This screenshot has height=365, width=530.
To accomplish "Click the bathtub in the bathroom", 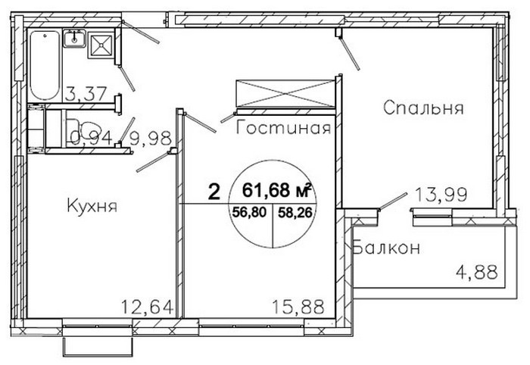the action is coord(45,65).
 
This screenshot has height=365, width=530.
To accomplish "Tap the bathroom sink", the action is coord(74,39).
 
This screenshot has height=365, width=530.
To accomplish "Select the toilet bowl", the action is coord(79,133).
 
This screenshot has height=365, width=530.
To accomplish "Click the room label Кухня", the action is coord(92,205).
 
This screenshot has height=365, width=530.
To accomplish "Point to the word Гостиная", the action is coord(283,128).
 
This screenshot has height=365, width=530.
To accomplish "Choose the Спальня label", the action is coord(423,108).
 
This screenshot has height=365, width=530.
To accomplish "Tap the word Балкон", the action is coord(386,248).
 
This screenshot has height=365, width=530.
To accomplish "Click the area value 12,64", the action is coord(147,307).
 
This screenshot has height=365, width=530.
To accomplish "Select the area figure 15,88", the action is coord(298,307).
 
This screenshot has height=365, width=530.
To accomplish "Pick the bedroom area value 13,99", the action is coord(441,195).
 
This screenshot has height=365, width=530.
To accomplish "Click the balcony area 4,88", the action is coord(476,272).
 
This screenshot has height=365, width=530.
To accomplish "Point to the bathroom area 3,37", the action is coord(86,94).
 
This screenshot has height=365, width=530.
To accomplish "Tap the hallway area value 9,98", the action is coord(151,138).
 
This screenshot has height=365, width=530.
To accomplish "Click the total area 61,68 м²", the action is coord(276,191).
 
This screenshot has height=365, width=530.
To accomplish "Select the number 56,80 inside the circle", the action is coord(249,212).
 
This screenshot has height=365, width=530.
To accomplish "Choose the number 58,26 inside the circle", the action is coord(295,212).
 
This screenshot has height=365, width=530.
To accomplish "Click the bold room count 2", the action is coord(214,192).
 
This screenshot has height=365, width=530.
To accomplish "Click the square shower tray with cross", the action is coord(101,45).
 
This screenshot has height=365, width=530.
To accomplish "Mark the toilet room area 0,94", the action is coord(92,138).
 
